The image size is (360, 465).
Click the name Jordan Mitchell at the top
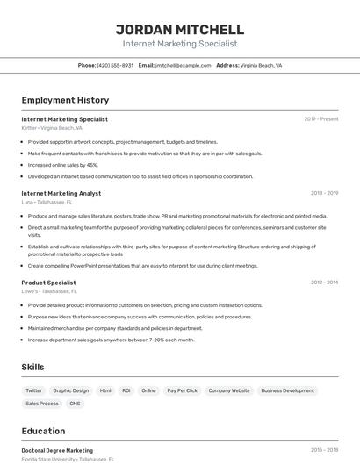[179, 29]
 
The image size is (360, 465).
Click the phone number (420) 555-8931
[115, 65]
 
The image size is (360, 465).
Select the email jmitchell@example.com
[183, 65]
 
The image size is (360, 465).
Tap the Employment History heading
[65, 100]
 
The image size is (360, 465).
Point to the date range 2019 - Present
[321, 119]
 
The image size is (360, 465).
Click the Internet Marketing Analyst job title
[61, 193]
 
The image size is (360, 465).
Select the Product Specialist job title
[48, 283]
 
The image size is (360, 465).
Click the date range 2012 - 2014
[324, 283]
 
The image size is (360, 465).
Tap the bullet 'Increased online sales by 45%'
[62, 165]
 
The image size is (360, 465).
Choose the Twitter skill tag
[33, 390]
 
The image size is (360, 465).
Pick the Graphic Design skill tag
[70, 390]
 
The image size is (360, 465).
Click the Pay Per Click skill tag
[182, 390]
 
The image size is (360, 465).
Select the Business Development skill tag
[287, 390]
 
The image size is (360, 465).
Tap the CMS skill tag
[75, 404]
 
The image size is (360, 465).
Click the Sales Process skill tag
[42, 404]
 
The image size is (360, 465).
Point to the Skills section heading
[32, 367]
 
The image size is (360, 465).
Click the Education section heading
[43, 431]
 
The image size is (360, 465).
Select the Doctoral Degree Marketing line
[57, 450]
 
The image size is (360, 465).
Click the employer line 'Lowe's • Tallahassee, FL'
[49, 291]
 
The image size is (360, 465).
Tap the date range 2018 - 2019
[324, 193]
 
